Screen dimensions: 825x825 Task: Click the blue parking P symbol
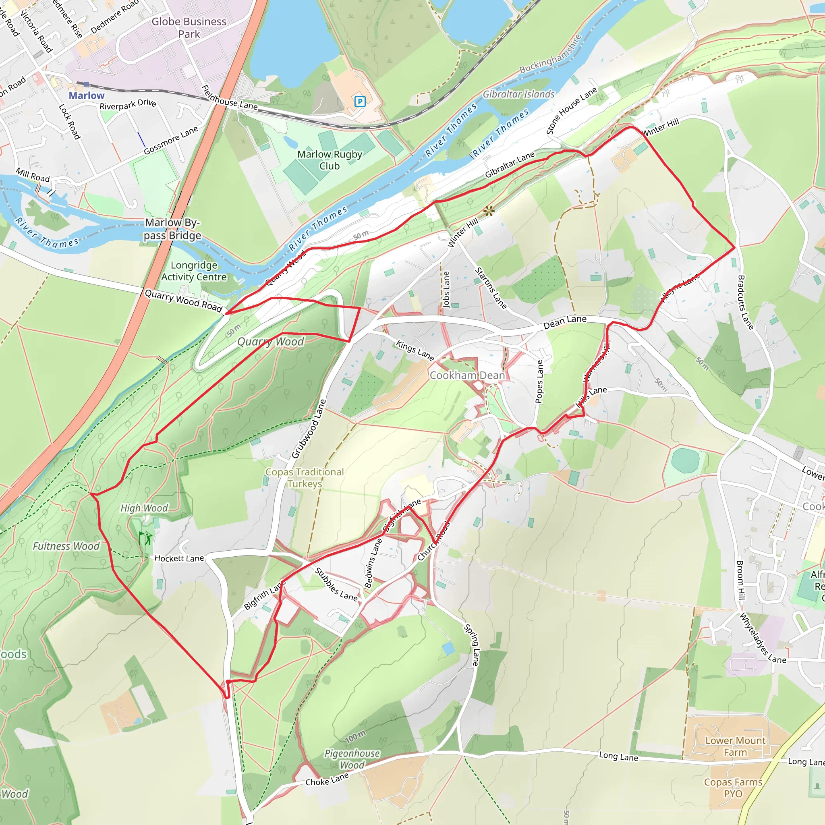point(360,101)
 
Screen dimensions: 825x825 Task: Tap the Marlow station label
point(86,95)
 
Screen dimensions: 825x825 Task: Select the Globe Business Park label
point(189,27)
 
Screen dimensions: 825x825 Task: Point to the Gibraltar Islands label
point(518,94)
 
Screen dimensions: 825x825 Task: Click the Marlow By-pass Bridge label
point(172,229)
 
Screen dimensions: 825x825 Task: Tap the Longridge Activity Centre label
point(194,271)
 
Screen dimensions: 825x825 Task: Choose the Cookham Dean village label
point(467,375)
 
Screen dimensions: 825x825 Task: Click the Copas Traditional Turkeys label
point(305,477)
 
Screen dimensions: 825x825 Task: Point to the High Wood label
point(144,508)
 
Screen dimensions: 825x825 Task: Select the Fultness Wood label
point(66,546)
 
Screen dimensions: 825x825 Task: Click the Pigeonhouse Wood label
point(352,759)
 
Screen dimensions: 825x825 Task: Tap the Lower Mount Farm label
point(735,746)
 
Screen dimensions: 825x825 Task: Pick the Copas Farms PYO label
point(733,788)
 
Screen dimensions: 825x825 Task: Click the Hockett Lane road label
point(179,558)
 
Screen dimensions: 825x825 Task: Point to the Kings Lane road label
point(415,350)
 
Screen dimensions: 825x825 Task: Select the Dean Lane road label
point(564,322)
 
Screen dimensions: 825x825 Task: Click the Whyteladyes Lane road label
point(763,638)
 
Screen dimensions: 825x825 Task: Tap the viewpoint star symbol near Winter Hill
point(489,211)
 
